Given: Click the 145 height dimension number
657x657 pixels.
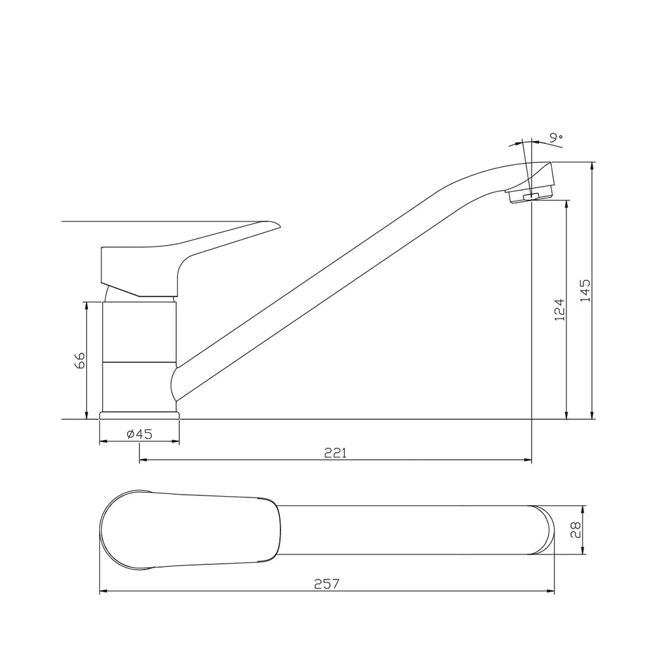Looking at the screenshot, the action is [585, 290].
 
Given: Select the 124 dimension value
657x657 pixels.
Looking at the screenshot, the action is [560, 310].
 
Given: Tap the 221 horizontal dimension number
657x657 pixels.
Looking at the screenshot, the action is [336, 453].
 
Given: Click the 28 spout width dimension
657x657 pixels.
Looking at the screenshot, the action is [576, 529].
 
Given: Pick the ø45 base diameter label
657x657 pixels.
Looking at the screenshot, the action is [139, 434].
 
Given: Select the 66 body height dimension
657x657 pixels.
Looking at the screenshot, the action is [79, 360].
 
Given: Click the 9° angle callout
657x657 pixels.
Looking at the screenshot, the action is [556, 137].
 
